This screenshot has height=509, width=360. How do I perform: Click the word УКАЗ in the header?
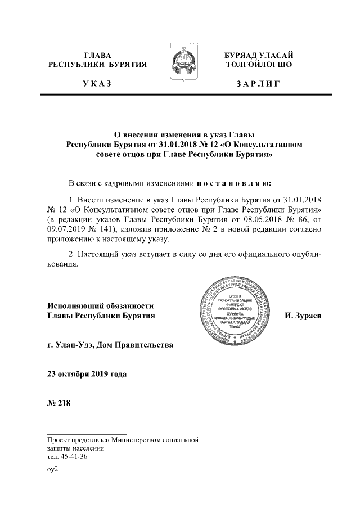(x=97, y=84)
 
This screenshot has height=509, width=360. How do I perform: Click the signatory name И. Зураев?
(x=303, y=316)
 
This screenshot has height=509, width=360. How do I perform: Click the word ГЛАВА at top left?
(x=97, y=55)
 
